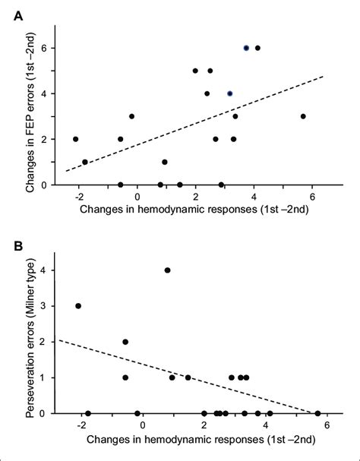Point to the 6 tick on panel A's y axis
[47, 48]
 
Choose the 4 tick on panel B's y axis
[47, 270]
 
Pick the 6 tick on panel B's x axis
[327, 426]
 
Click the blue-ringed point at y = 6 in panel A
[246, 48]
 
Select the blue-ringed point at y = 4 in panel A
[230, 93]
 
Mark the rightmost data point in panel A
[303, 116]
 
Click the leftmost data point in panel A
[75, 139]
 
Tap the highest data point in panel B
[167, 270]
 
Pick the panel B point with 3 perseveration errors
[78, 306]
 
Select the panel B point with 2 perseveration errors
[125, 342]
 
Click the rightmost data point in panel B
[317, 413]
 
